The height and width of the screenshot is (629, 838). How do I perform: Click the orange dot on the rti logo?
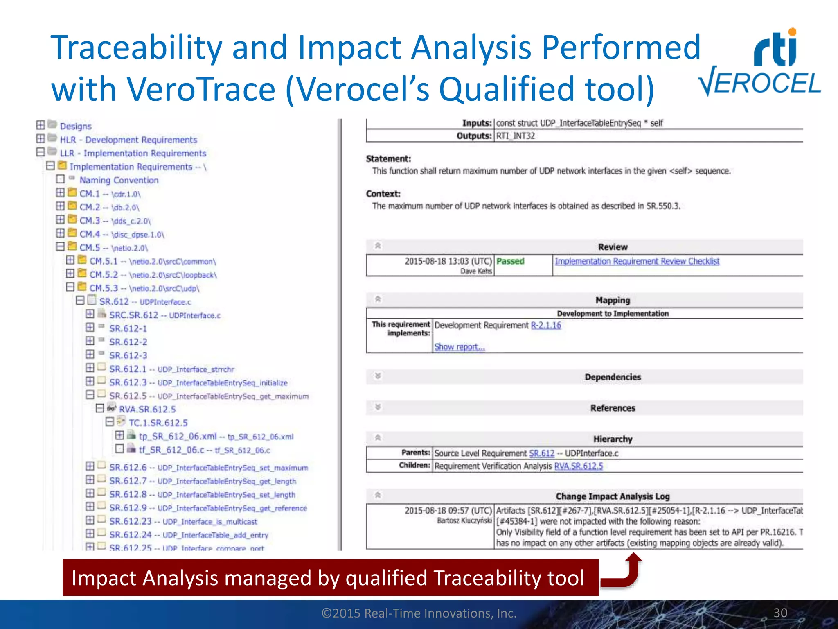pyautogui.click(x=792, y=32)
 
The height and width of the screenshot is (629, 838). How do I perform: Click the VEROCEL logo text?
pyautogui.click(x=760, y=82)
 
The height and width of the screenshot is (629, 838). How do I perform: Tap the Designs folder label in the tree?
pyautogui.click(x=76, y=126)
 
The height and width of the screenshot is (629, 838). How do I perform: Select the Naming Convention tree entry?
pyautogui.click(x=119, y=180)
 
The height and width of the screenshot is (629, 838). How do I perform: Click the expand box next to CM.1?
pyautogui.click(x=61, y=192)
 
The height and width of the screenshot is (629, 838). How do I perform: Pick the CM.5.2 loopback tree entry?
pyautogui.click(x=153, y=275)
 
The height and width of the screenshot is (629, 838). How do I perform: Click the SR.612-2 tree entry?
pyautogui.click(x=128, y=342)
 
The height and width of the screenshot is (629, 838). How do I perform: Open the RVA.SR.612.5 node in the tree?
pyautogui.click(x=147, y=409)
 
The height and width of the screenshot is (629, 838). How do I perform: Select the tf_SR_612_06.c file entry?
pyautogui.click(x=204, y=450)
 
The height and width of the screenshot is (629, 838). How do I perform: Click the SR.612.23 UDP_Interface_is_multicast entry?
pyautogui.click(x=183, y=522)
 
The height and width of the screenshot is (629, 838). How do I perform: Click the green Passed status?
pyautogui.click(x=510, y=261)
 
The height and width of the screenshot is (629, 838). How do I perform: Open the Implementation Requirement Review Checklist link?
pyautogui.click(x=637, y=261)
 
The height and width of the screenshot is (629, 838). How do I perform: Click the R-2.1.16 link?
pyautogui.click(x=546, y=325)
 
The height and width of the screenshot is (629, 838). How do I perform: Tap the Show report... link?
pyautogui.click(x=460, y=347)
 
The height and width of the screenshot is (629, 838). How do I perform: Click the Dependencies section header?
pyautogui.click(x=613, y=377)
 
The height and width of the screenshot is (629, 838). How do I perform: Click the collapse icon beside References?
pyautogui.click(x=378, y=407)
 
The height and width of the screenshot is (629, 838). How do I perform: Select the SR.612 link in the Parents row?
pyautogui.click(x=542, y=453)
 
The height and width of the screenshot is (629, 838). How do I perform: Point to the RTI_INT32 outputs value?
pyautogui.click(x=516, y=136)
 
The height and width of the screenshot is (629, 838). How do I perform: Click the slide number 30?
pyautogui.click(x=780, y=613)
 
